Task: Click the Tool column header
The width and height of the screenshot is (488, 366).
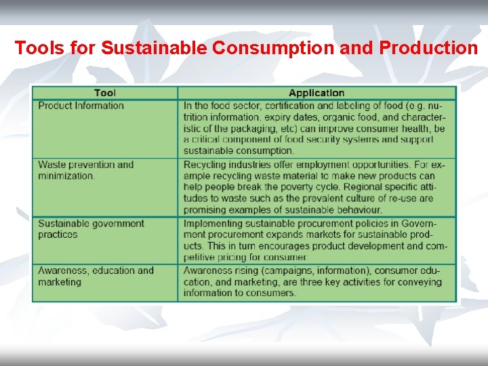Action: pos(105,93)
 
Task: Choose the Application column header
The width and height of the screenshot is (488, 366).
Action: pos(317,93)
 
